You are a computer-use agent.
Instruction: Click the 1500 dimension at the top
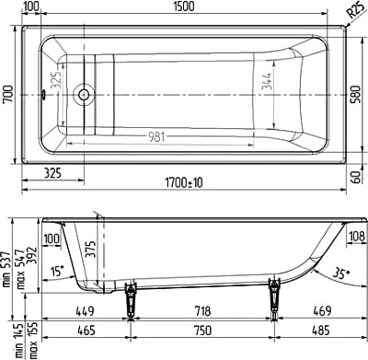point(184,6)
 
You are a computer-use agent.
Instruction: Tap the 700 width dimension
point(8,95)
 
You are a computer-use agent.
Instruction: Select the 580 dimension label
point(356,95)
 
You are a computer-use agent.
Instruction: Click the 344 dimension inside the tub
point(267,81)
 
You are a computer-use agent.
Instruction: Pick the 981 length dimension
point(156,137)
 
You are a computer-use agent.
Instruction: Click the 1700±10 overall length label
point(184,183)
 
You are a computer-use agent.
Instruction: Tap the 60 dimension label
point(356,177)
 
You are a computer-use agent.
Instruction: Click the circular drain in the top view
point(84,95)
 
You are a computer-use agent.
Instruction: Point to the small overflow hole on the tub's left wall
point(43,95)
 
